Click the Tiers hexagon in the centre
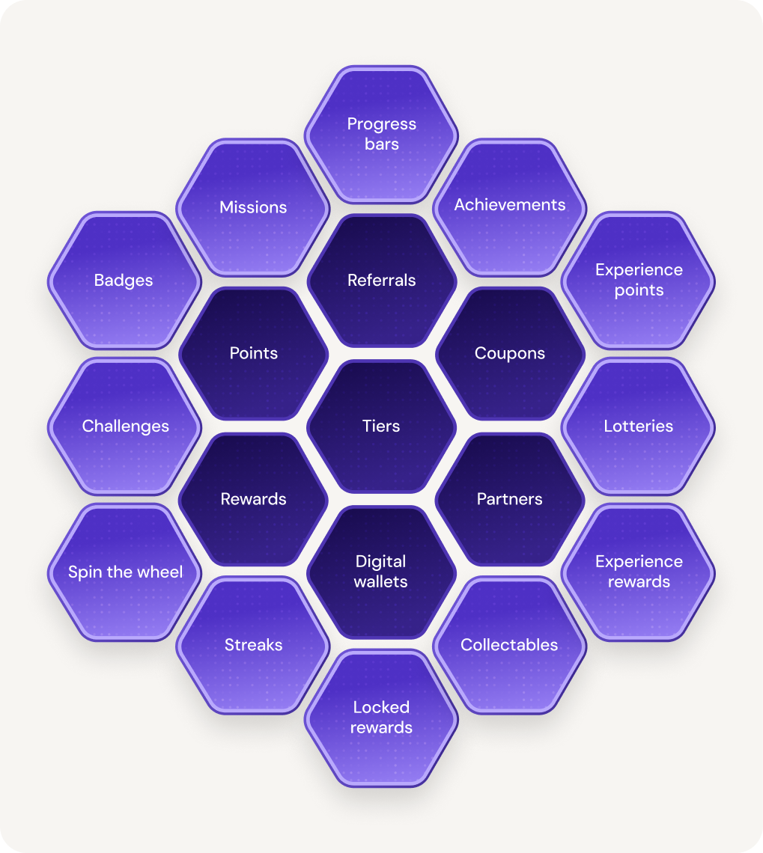(x=381, y=426)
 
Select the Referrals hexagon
(x=381, y=281)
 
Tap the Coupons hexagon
(x=510, y=353)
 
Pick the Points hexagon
(x=253, y=353)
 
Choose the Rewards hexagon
(x=253, y=499)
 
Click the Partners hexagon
(x=510, y=499)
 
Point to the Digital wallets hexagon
(x=381, y=572)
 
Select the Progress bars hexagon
(x=381, y=134)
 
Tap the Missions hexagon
(x=253, y=207)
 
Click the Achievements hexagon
(x=510, y=205)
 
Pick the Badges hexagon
(x=124, y=281)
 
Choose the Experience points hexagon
(x=639, y=280)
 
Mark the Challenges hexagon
(x=125, y=426)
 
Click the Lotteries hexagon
(x=639, y=426)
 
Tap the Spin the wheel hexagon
(x=125, y=572)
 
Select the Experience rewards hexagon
(x=639, y=572)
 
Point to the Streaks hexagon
(x=253, y=645)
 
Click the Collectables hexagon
(x=510, y=645)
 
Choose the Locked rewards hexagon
(x=381, y=718)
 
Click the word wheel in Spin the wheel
(x=161, y=572)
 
